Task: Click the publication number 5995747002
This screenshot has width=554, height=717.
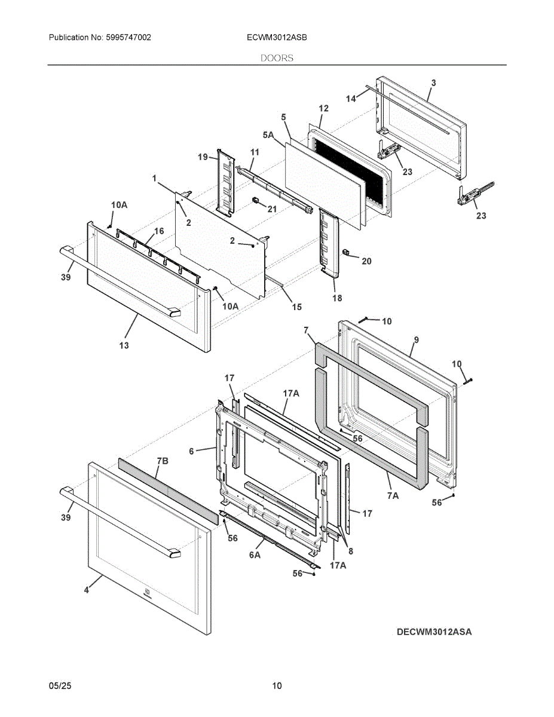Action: point(128,38)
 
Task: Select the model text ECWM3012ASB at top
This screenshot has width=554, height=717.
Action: point(277,38)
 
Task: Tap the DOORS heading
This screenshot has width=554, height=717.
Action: point(277,58)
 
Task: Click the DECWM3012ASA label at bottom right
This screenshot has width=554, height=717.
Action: point(434,632)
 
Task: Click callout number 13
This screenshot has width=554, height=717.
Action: point(124,345)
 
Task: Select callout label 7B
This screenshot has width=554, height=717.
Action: point(163,461)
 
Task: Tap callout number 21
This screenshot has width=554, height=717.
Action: point(272,209)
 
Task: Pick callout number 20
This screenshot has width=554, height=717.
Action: point(366,261)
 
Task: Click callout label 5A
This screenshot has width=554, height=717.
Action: point(268,134)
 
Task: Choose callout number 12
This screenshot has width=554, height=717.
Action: point(323,108)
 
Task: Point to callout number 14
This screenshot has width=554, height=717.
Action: point(351,99)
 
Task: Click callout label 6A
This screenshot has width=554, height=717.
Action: point(255,555)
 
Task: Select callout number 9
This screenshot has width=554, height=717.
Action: point(417,339)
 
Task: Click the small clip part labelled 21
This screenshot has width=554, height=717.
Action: point(255,200)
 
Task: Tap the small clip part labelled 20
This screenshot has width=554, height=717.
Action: point(346,252)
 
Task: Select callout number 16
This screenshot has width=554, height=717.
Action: point(159,231)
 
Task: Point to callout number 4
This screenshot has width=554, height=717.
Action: point(87,590)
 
